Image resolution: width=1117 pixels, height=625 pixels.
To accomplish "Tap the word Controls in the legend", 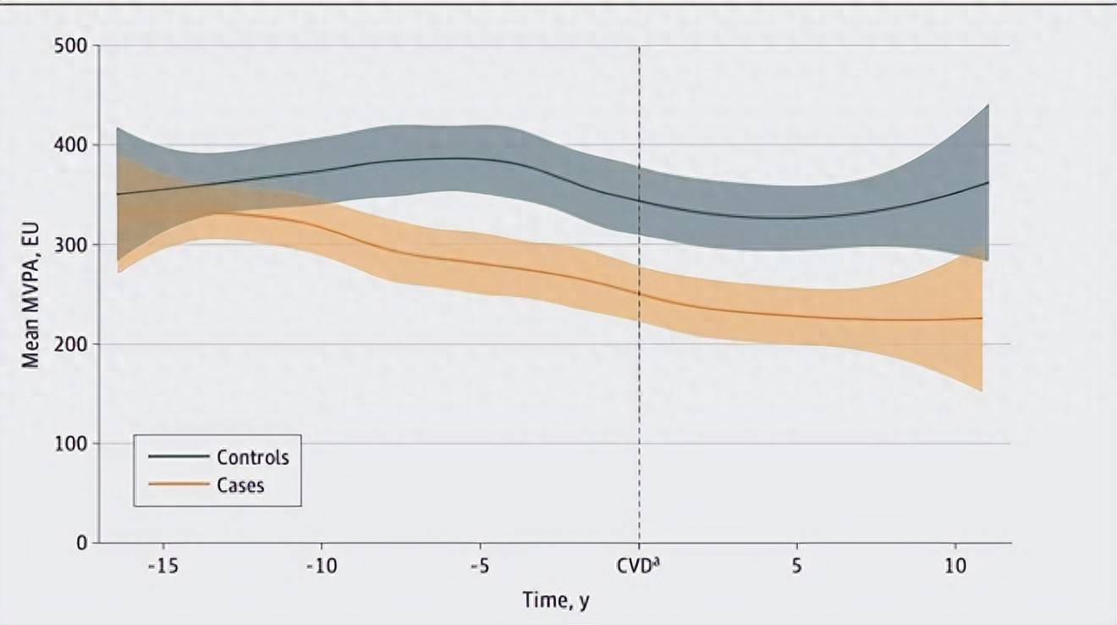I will click(x=253, y=457).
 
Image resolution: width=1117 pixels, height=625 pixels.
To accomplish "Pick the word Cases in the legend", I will click(x=240, y=485).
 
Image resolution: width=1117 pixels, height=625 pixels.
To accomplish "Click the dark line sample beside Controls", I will click(x=178, y=457).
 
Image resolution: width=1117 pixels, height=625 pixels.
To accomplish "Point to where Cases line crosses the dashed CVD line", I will click(x=639, y=295).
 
